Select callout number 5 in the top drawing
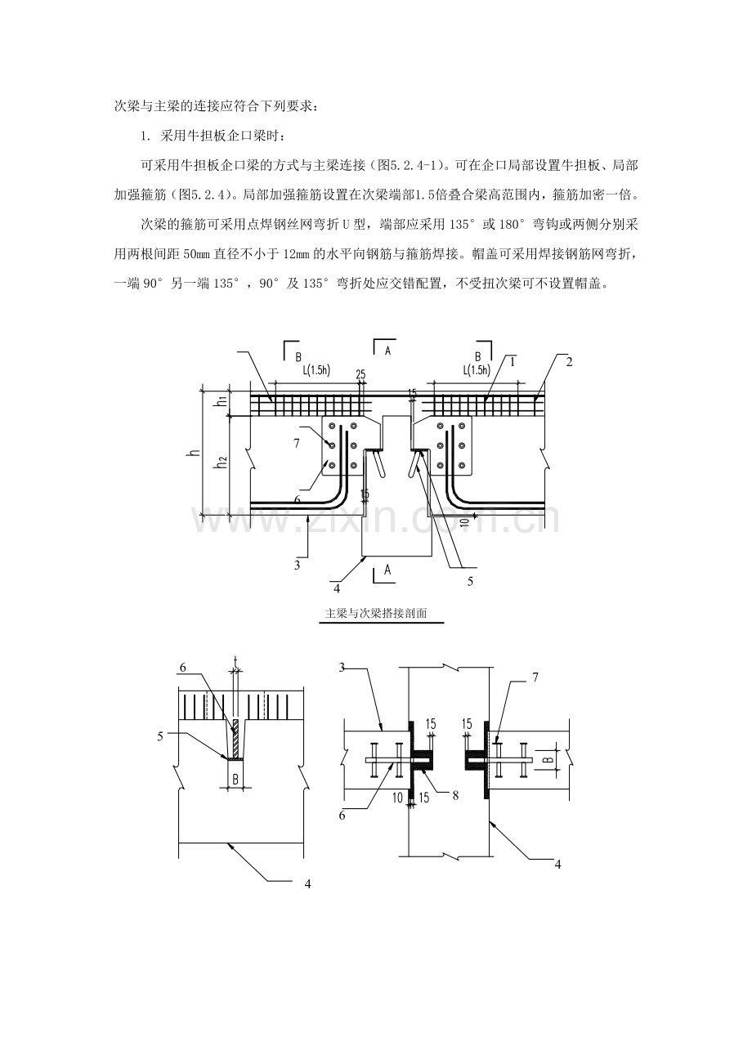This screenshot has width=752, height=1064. [x=469, y=581]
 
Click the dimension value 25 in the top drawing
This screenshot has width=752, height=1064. [x=360, y=373]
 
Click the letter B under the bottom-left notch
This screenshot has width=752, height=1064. [x=235, y=779]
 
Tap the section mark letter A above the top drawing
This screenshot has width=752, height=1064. [x=387, y=350]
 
